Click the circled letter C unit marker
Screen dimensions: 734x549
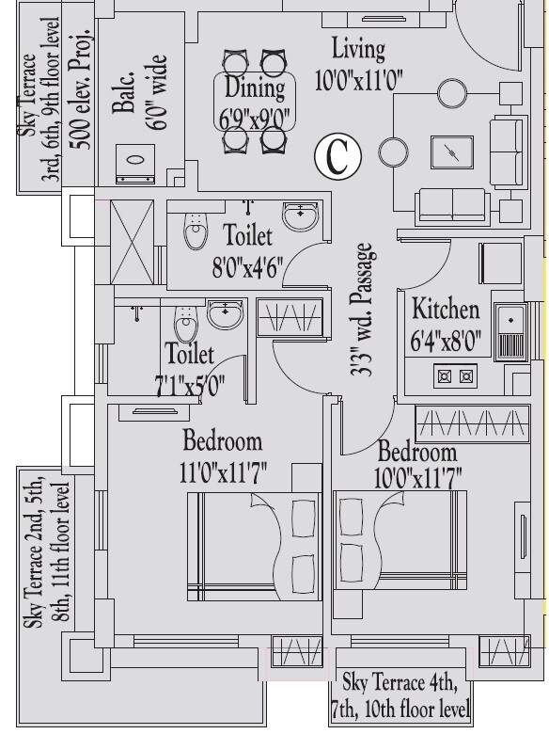click(337, 156)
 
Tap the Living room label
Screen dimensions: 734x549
click(358, 49)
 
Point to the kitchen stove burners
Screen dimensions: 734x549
click(454, 376)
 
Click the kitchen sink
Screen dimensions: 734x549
click(511, 329)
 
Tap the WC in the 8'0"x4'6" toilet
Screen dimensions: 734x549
click(196, 229)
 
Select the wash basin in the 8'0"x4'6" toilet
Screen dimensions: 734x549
click(301, 215)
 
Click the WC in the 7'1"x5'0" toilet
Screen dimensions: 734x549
click(187, 327)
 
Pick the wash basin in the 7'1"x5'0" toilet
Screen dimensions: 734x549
click(225, 313)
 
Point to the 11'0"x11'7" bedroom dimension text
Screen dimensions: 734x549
click(223, 473)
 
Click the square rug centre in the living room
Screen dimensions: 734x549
click(452, 152)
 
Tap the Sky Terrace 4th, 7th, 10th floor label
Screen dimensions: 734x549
click(400, 695)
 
